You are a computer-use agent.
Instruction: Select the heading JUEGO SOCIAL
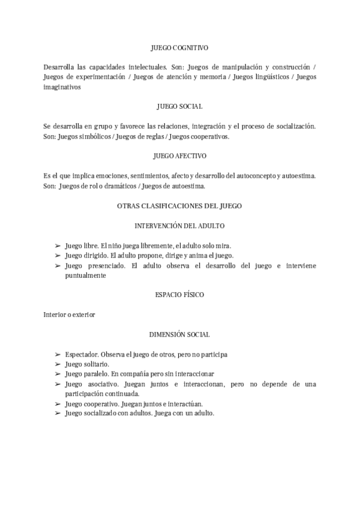tap(179, 106)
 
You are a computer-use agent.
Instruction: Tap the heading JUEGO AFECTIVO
tap(179, 156)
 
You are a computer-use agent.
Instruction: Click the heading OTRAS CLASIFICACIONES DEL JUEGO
tap(179, 206)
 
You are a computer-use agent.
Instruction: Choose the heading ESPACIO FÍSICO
tap(179, 295)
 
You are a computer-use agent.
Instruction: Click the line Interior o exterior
tap(70, 315)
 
